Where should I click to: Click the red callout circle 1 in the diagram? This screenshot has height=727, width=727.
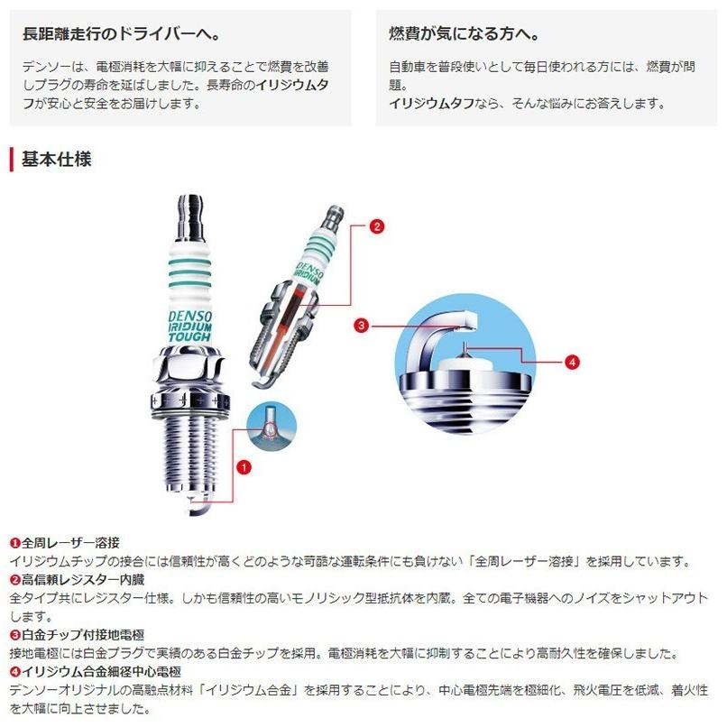click(x=243, y=466)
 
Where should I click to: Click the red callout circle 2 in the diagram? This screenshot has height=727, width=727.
click(x=376, y=226)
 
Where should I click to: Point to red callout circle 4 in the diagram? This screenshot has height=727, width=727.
click(x=571, y=362)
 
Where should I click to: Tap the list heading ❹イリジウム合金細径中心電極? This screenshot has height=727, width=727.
click(x=96, y=672)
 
